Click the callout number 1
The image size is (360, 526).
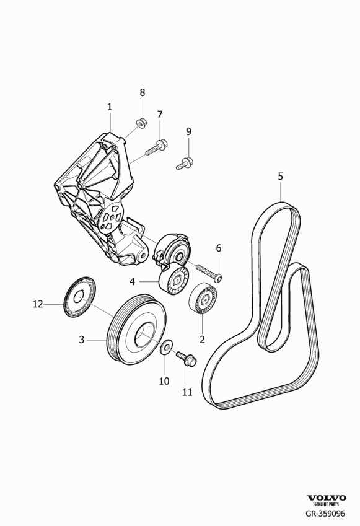110,107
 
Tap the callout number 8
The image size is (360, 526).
143,92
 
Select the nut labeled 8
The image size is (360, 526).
141,123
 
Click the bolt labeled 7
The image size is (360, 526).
157,147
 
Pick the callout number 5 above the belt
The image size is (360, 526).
280,176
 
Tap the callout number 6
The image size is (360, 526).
218,248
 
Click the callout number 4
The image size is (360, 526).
132,281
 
